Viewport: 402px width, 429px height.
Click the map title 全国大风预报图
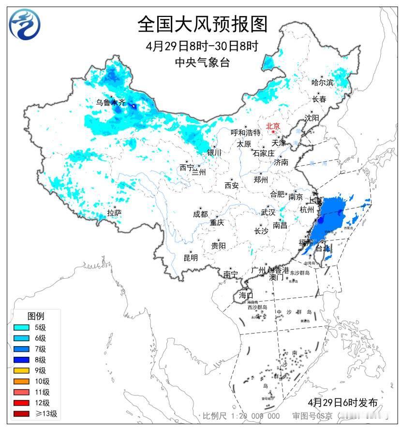(202, 23)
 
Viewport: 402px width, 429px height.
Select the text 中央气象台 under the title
(202, 62)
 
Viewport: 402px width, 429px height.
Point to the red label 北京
(273, 126)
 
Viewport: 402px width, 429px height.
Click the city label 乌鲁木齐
(110, 102)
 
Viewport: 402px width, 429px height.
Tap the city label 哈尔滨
(322, 82)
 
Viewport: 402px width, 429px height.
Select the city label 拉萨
(114, 213)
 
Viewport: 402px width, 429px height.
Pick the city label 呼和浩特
(245, 132)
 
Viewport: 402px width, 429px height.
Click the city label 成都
(200, 214)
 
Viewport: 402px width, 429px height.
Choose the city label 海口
(246, 295)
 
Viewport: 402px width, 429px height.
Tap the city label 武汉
(268, 212)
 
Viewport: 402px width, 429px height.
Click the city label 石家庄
(264, 153)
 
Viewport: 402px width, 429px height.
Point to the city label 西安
(231, 185)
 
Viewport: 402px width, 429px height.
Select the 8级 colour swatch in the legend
(22, 360)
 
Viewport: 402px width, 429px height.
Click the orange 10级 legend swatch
(22, 381)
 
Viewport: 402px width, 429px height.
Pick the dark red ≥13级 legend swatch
(22, 413)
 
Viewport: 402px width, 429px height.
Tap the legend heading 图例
(36, 316)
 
